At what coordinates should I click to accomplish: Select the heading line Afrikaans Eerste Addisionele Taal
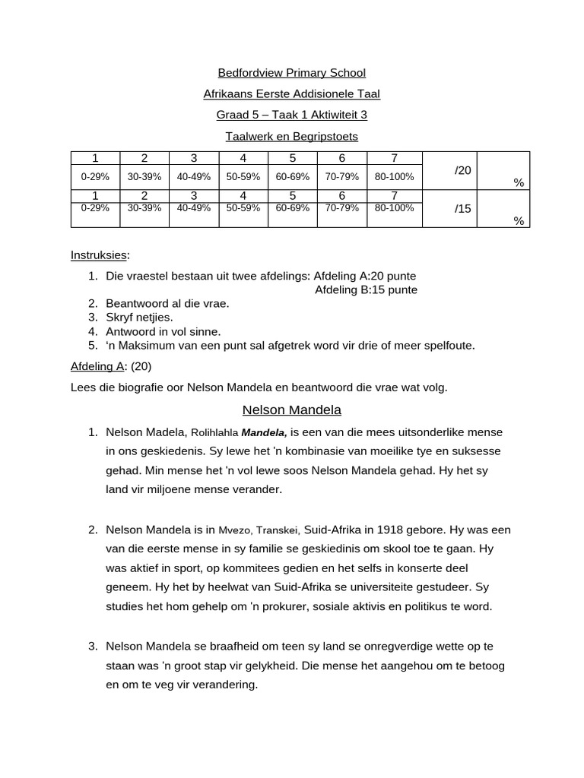292,94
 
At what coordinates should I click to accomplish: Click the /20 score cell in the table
462,171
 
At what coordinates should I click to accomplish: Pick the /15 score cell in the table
462,208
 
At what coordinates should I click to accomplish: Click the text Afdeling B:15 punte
366,289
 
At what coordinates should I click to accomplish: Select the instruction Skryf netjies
139,317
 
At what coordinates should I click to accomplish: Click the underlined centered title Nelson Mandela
292,410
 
